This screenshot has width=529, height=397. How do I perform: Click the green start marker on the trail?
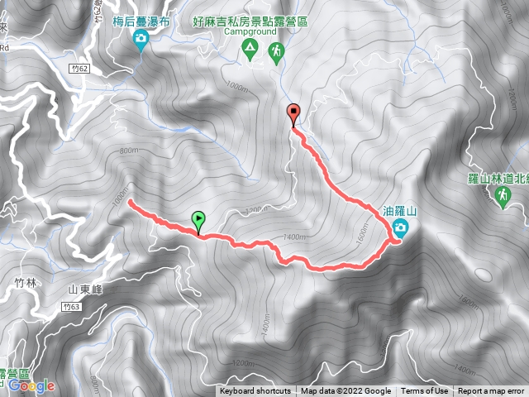[198, 220]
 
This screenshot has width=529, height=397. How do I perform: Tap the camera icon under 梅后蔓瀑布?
[141, 38]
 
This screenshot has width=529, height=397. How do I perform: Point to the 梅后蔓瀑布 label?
[141, 22]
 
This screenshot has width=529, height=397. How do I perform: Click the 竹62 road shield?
[79, 69]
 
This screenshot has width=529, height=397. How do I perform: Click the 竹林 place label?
[26, 282]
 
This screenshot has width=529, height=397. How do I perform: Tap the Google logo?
[32, 385]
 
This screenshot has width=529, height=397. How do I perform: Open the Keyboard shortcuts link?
[255, 391]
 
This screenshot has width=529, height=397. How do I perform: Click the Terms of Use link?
[424, 391]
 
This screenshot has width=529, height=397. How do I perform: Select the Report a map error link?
[491, 391]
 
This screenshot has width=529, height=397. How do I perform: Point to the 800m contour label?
[128, 151]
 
